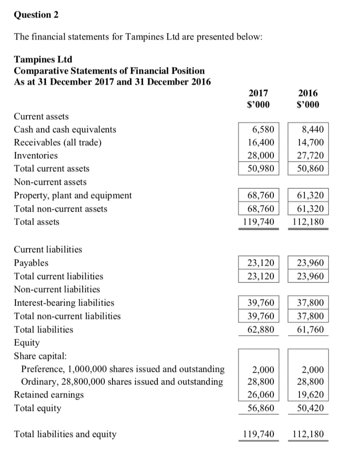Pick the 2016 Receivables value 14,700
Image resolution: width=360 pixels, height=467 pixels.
coord(310,142)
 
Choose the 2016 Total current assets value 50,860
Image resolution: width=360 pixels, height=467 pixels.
coord(310,169)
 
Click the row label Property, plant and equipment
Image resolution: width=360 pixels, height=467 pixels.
coord(73,196)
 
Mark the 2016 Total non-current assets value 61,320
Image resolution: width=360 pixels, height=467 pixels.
coord(310,209)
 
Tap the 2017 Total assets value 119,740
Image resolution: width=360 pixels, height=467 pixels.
coord(258,222)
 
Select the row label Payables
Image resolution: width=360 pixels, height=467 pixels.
coord(31,263)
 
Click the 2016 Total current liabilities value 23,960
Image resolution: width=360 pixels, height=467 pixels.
coord(310,276)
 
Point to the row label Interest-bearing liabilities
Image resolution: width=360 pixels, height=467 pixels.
coord(64,302)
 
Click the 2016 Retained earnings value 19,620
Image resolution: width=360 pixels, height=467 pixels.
coord(310,394)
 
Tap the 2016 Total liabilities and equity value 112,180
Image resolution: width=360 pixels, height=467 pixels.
coord(308,435)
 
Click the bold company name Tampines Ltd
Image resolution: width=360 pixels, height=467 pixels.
coord(43,60)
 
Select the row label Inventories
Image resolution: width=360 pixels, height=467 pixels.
coord(36,156)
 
